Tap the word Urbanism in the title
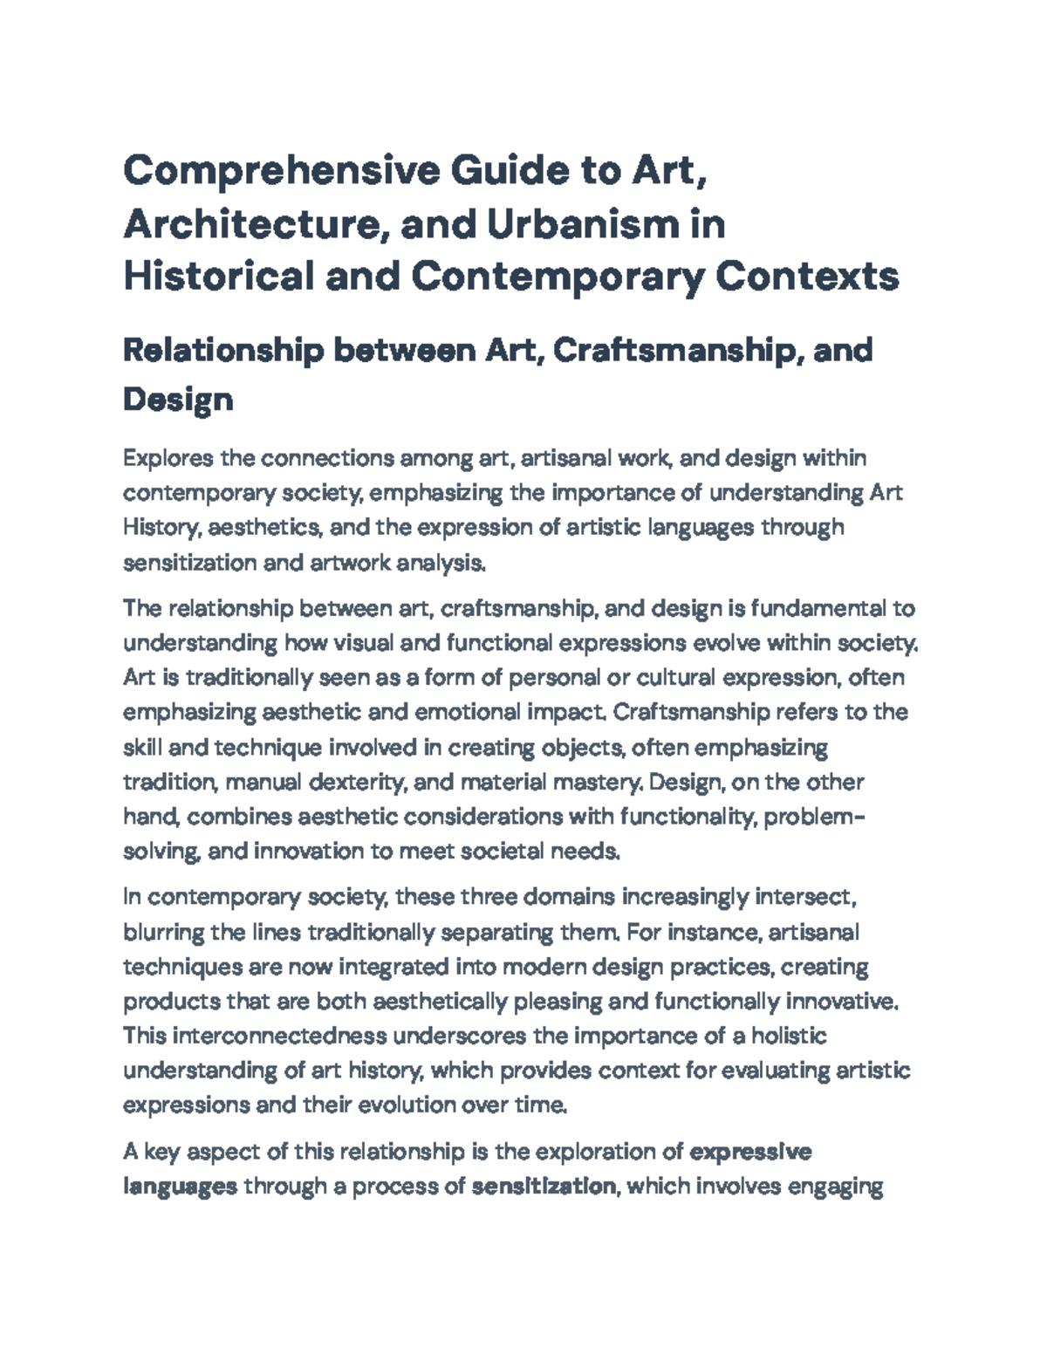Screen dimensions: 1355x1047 [x=580, y=224]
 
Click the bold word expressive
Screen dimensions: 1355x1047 [x=750, y=1153]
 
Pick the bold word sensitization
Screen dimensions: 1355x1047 [x=543, y=1187]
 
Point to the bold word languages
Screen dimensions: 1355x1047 [x=180, y=1187]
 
